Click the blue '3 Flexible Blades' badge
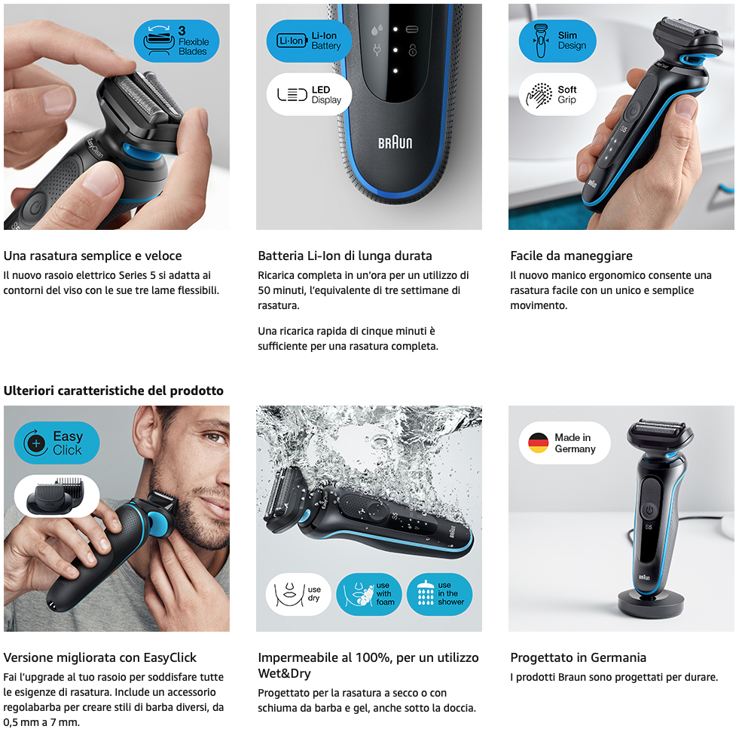pyautogui.click(x=176, y=41)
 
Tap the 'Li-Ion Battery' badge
pyautogui.click(x=309, y=41)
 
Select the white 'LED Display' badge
pyautogui.click(x=309, y=94)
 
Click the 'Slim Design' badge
pyautogui.click(x=557, y=41)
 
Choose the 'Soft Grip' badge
pyautogui.click(x=557, y=94)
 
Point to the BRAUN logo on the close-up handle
pyautogui.click(x=395, y=142)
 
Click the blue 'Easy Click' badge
pyautogui.click(x=56, y=443)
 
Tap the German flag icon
pyautogui.click(x=538, y=443)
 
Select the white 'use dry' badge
pyautogui.click(x=298, y=594)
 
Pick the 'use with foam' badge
pyautogui.click(x=368, y=594)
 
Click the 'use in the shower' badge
pyautogui.click(x=440, y=594)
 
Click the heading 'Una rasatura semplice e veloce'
pyautogui.click(x=93, y=256)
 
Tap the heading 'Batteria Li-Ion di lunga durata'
pyautogui.click(x=345, y=256)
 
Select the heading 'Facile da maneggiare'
pyautogui.click(x=571, y=256)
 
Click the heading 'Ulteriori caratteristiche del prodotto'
pyautogui.click(x=114, y=391)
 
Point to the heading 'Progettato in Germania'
pyautogui.click(x=579, y=657)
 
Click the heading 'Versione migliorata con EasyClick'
pyautogui.click(x=100, y=657)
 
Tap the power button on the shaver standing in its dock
pyautogui.click(x=649, y=510)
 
